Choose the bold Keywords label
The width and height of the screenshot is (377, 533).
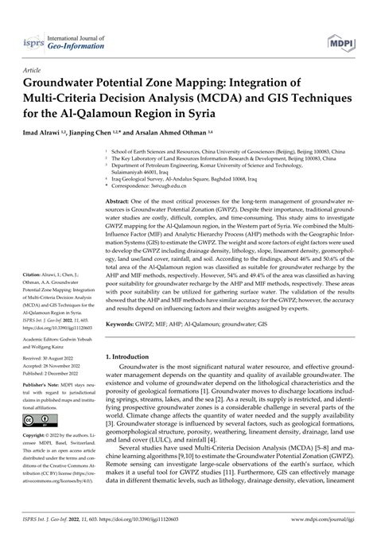(x=120, y=326)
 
